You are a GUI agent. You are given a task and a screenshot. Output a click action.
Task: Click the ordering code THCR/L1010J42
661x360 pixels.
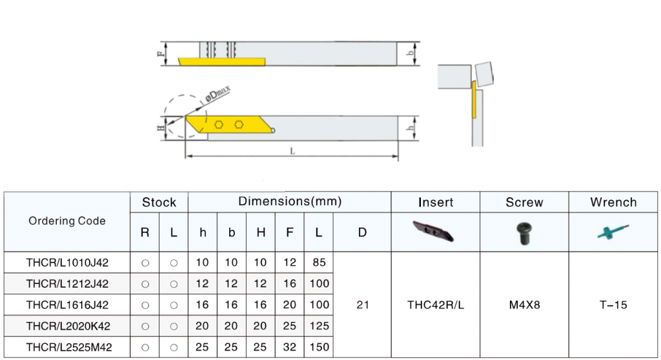point(67,263)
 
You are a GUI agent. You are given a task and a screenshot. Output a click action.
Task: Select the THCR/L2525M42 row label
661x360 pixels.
point(69,347)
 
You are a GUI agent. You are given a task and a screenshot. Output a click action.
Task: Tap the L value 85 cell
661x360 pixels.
point(319,263)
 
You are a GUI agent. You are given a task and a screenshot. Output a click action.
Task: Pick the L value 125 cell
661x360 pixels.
point(319,326)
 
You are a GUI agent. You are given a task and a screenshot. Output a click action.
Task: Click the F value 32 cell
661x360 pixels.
point(290,347)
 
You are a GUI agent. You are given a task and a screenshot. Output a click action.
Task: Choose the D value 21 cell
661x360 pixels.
point(363,305)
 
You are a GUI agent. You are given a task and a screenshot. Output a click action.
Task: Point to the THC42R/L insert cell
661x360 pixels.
point(436,305)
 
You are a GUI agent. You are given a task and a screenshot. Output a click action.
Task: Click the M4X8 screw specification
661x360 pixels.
point(524,305)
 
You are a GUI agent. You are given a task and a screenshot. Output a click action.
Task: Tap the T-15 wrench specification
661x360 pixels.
point(613,305)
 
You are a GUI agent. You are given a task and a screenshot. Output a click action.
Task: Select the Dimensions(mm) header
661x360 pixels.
point(290,201)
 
